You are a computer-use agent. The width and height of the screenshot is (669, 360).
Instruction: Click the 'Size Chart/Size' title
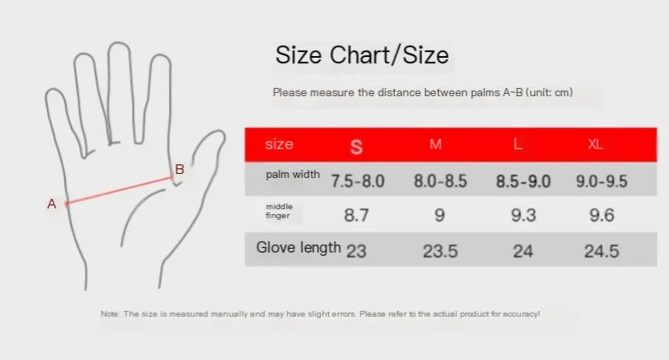(x=361, y=55)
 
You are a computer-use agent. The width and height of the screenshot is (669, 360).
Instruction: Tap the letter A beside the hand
(x=52, y=204)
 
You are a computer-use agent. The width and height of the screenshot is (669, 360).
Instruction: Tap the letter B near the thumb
(x=179, y=169)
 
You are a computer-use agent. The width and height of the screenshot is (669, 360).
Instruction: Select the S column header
(x=357, y=146)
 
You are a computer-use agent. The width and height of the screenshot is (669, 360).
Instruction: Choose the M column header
(x=436, y=144)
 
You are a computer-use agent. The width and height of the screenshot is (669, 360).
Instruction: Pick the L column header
(x=518, y=144)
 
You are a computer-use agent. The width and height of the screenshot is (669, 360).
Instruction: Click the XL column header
(x=595, y=144)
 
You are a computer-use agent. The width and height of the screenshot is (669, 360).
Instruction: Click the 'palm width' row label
(x=293, y=175)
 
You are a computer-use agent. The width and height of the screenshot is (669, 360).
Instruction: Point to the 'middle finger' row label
(x=280, y=211)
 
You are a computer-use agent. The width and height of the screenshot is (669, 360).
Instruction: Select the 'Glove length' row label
(x=298, y=248)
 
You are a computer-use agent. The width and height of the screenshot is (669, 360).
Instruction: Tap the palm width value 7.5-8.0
(x=358, y=181)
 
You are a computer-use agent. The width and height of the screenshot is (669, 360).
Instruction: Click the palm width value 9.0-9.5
(x=602, y=181)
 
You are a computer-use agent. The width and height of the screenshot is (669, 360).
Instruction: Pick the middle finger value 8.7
(x=357, y=215)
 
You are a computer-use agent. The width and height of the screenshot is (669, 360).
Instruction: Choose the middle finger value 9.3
(x=523, y=215)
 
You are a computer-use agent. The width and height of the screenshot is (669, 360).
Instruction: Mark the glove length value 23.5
(x=441, y=252)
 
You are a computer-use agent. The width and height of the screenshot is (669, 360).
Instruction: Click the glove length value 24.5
(x=602, y=252)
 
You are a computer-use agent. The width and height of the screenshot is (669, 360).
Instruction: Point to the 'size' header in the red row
(x=279, y=144)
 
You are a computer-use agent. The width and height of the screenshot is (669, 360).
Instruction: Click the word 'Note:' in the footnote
(x=111, y=314)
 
